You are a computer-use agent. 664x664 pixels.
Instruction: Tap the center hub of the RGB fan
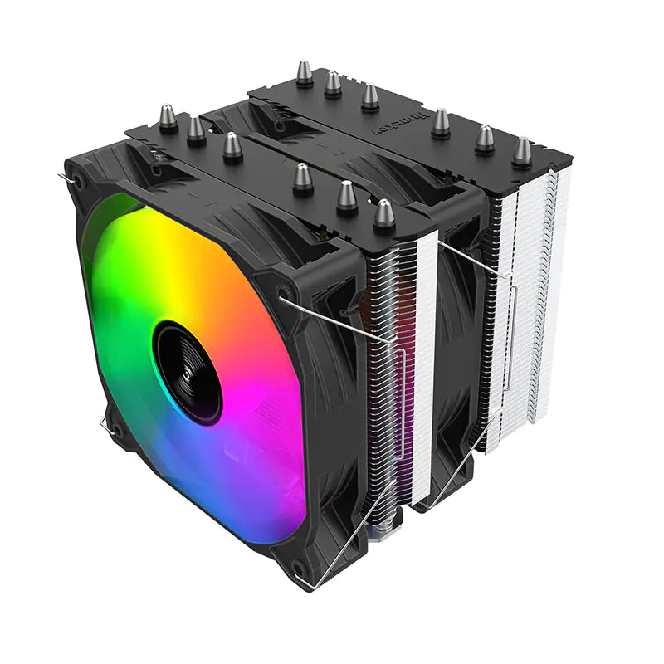tap(188, 372)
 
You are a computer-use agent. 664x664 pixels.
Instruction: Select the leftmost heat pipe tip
tap(168, 117)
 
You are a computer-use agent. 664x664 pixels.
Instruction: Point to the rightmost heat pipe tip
tap(522, 150)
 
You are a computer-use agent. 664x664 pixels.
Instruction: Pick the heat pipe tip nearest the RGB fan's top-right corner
tap(383, 212)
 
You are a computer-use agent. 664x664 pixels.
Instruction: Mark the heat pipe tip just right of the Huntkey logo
tap(441, 122)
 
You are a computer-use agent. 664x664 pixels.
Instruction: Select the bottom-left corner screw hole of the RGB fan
tap(116, 431)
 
